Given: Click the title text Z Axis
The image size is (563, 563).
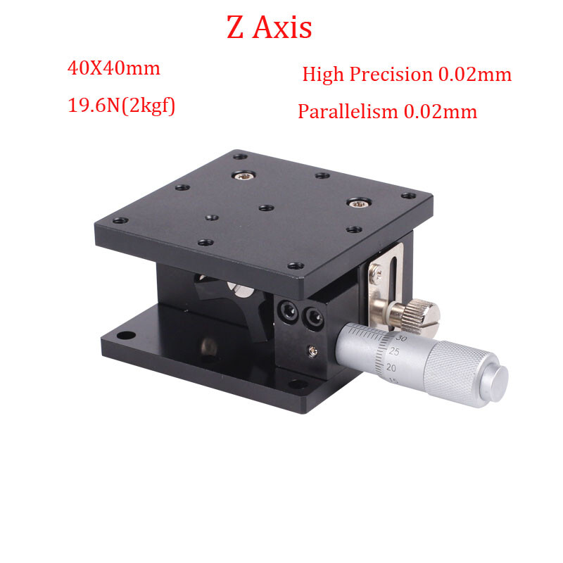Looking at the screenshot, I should [x=269, y=27].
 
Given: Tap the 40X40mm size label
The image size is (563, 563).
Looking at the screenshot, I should [x=113, y=69].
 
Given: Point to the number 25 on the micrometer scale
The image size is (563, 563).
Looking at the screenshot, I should [x=394, y=352].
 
